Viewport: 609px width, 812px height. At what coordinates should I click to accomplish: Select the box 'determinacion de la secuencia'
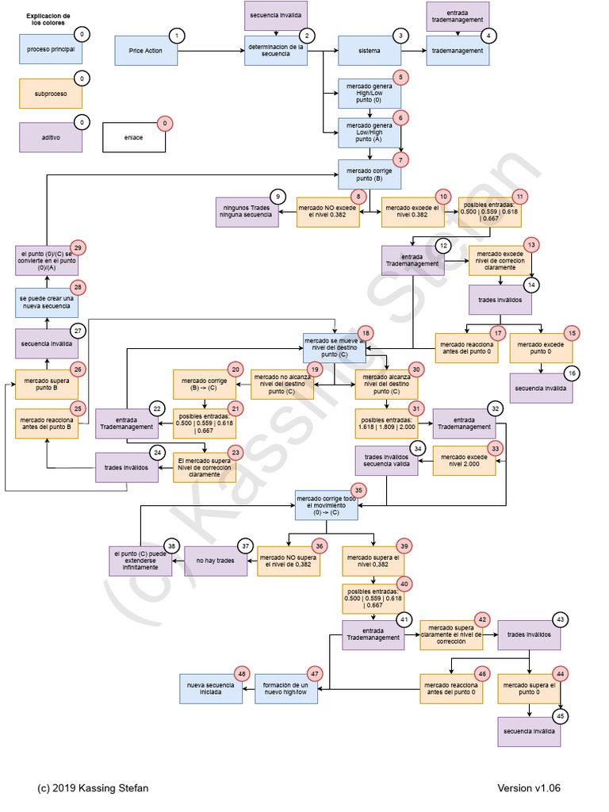[x=275, y=50]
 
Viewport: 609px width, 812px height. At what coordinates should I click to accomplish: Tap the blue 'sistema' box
[x=369, y=51]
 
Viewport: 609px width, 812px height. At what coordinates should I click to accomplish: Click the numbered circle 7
[x=402, y=159]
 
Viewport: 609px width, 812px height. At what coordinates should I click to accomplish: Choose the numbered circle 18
[x=365, y=333]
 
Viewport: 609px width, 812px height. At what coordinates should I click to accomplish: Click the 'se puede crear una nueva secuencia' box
[x=46, y=302]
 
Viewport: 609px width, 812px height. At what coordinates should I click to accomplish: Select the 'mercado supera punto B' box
[x=46, y=385]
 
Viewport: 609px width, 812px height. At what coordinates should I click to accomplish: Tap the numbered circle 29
[x=79, y=247]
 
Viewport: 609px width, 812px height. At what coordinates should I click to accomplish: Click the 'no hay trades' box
[x=216, y=561]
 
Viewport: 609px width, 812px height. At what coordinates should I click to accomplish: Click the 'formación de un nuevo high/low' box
[x=285, y=688]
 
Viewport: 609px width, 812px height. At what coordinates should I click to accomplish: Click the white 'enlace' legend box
[x=133, y=137]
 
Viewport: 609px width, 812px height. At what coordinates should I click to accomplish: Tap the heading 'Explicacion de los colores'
[x=48, y=20]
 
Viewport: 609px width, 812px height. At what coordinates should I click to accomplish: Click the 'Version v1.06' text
[x=529, y=787]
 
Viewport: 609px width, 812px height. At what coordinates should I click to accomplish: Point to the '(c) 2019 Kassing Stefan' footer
[x=93, y=787]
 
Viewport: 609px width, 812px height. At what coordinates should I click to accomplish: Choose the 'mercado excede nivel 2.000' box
[x=464, y=461]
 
